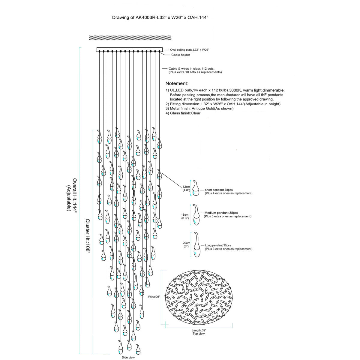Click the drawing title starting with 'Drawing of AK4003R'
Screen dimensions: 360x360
pos(160,18)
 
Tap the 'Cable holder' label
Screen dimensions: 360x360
pos(181,55)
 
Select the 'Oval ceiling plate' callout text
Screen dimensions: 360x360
pos(189,50)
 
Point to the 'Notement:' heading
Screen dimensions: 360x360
pos(177,83)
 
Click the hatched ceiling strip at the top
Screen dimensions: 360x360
pos(130,38)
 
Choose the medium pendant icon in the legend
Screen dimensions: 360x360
pos(196,215)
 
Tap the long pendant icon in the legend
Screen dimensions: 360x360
pos(196,244)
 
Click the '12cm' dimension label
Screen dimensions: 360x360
pos(186,187)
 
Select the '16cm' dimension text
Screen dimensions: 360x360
pos(184,215)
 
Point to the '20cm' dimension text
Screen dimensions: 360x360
pos(186,243)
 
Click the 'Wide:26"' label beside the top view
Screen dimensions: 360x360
pos(154,297)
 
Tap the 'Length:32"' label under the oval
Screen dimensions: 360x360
pos(199,330)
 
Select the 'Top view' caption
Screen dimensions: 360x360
pos(199,334)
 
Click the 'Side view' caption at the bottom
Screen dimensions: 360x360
pos(128,357)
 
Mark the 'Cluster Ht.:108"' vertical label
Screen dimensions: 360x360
pos(88,236)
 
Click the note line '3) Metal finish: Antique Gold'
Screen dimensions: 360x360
pos(199,109)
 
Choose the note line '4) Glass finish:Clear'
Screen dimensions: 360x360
pos(183,113)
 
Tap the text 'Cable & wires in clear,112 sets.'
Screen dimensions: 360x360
pos(191,69)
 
